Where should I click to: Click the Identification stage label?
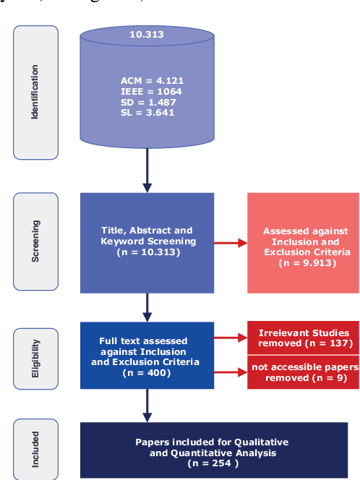(x=35, y=92)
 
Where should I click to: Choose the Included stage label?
(x=35, y=450)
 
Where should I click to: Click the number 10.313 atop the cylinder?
(x=147, y=35)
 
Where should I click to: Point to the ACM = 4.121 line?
(x=147, y=82)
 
